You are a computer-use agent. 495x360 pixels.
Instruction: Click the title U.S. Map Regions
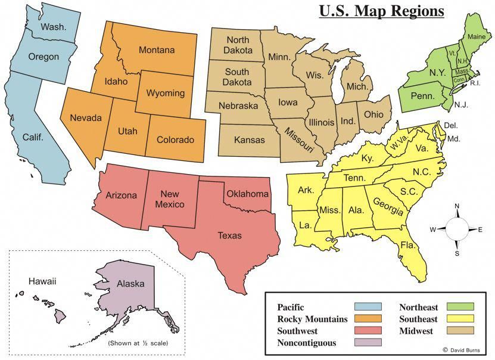click(x=381, y=11)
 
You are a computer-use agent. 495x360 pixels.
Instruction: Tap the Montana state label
click(x=157, y=50)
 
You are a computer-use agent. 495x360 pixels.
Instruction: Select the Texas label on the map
click(x=229, y=235)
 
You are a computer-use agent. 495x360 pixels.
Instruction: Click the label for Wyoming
click(x=165, y=94)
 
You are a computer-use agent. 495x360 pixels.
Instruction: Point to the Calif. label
click(x=33, y=137)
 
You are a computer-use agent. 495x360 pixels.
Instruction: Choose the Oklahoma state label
click(x=247, y=194)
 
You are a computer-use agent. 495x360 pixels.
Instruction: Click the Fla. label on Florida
click(x=407, y=245)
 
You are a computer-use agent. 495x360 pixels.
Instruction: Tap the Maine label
click(x=476, y=36)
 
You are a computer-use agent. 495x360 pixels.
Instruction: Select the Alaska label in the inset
click(x=130, y=284)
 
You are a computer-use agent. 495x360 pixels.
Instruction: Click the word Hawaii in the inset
click(x=42, y=281)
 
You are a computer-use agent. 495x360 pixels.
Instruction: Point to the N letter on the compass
click(x=457, y=206)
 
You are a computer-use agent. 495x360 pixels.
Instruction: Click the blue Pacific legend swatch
click(x=368, y=307)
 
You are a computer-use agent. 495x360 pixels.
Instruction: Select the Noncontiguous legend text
click(x=306, y=343)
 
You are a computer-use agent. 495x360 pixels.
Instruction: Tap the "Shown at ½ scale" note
click(x=138, y=343)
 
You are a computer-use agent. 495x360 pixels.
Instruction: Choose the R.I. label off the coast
click(x=475, y=83)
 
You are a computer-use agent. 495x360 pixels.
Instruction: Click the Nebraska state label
click(x=238, y=105)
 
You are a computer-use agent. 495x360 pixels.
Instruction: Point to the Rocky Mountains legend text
click(x=312, y=319)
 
